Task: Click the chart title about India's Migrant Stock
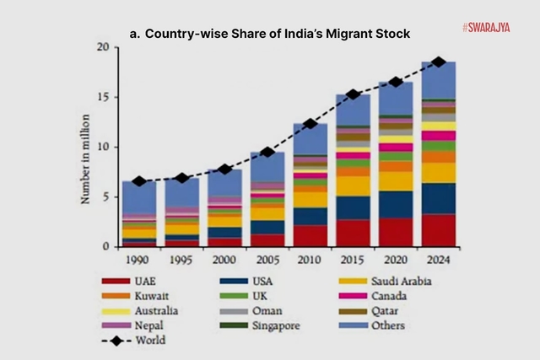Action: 269,33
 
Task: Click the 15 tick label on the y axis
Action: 103,97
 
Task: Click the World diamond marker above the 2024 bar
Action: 438,62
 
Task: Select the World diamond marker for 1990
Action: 138,181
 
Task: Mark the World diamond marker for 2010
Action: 310,124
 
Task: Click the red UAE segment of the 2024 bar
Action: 438,230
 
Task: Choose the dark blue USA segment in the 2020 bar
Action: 395,204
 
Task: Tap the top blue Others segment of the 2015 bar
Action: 353,110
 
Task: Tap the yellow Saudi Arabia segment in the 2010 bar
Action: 310,199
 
